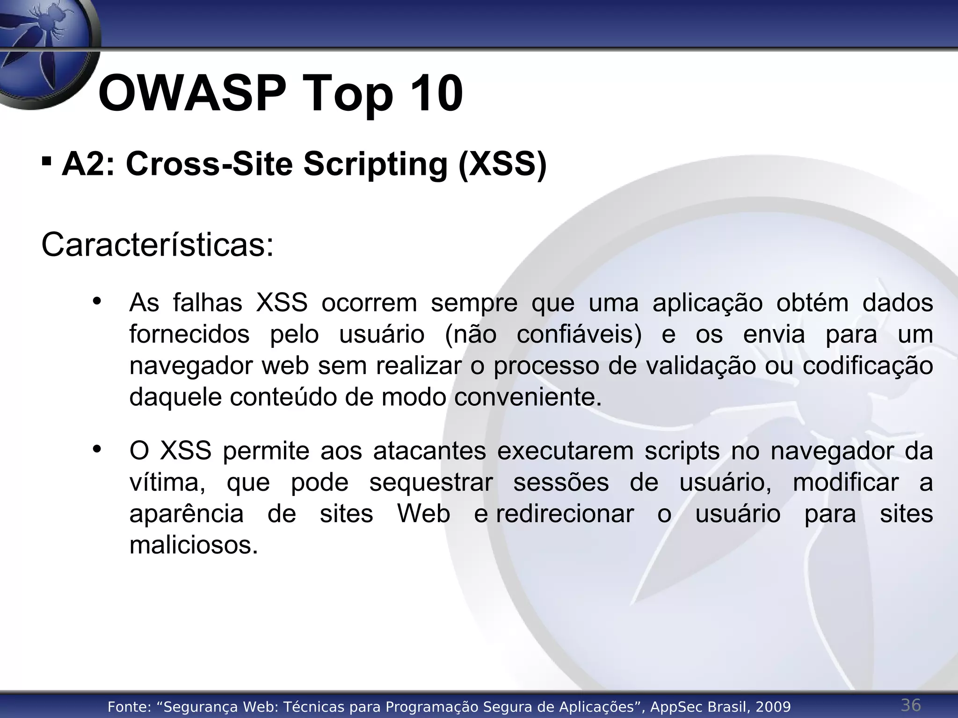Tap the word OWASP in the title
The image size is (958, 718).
[192, 93]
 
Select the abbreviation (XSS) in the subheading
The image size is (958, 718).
[502, 165]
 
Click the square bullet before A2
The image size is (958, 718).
[46, 162]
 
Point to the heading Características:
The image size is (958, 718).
[157, 245]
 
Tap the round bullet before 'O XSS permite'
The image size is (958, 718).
[97, 450]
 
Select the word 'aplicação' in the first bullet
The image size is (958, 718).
[707, 303]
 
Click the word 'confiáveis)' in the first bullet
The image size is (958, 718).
[579, 335]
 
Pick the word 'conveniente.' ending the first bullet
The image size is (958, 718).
[528, 397]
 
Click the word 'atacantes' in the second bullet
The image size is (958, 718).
[429, 451]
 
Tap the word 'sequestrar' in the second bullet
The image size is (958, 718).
[431, 482]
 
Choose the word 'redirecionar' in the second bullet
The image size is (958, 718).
[565, 514]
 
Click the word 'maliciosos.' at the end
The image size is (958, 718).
[194, 545]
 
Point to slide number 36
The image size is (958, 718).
[911, 704]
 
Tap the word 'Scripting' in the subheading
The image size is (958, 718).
[376, 165]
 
